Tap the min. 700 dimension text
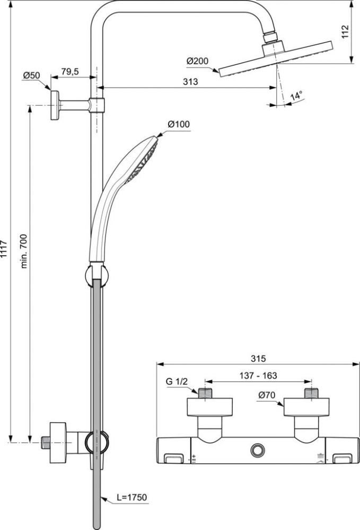tap(24, 246)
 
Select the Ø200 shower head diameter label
tap(198, 61)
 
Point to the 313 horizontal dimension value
tap(190, 82)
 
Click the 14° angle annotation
tap(296, 95)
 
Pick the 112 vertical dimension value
tap(345, 32)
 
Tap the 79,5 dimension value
tap(70, 71)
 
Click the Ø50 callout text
tap(31, 75)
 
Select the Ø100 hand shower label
tap(179, 124)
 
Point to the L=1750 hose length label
tap(132, 497)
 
